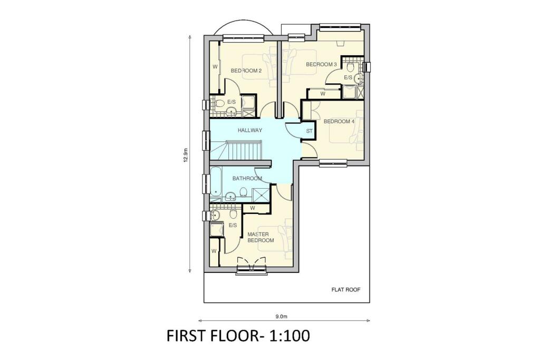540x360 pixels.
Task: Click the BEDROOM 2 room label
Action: pyautogui.click(x=246, y=71)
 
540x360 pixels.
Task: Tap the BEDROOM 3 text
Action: pyautogui.click(x=321, y=64)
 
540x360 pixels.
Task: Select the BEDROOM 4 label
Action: pyautogui.click(x=339, y=121)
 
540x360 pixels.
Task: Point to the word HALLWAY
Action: pyautogui.click(x=250, y=130)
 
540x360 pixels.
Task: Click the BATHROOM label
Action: pyautogui.click(x=247, y=179)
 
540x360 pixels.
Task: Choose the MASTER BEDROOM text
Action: pyautogui.click(x=261, y=237)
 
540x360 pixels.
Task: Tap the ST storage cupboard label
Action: pyautogui.click(x=309, y=131)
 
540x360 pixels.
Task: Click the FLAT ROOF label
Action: pyautogui.click(x=346, y=290)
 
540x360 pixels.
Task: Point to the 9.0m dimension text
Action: pyautogui.click(x=281, y=317)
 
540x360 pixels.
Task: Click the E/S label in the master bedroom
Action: pyautogui.click(x=232, y=225)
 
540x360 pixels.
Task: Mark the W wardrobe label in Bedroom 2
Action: pyautogui.click(x=215, y=67)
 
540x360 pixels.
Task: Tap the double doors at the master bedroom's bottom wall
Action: pyautogui.click(x=252, y=264)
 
